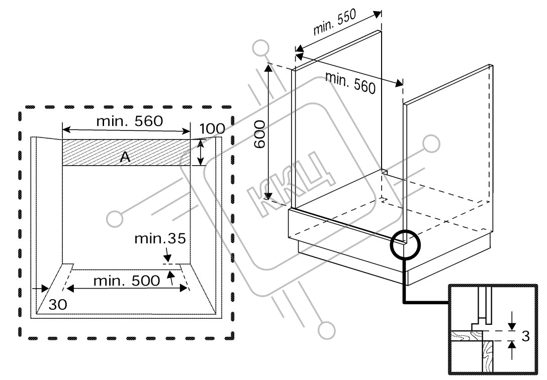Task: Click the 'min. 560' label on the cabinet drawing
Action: [x=350, y=83]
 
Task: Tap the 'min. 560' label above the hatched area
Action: [x=130, y=121]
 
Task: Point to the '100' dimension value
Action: [x=212, y=129]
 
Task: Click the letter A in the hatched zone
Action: [x=125, y=158]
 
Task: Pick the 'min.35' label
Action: [x=160, y=239]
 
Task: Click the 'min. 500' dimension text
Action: [x=127, y=281]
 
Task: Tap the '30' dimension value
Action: [x=57, y=305]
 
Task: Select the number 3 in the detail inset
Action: [x=525, y=336]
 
